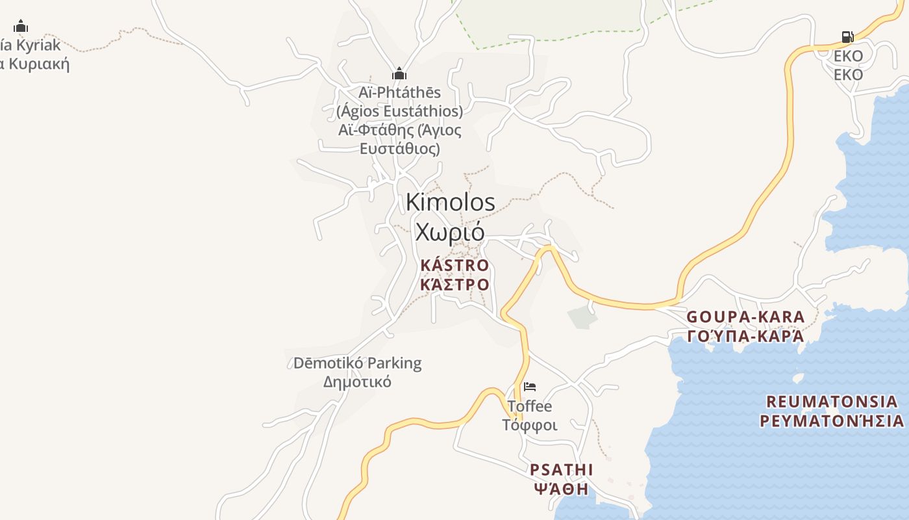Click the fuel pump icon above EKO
tap(847, 37)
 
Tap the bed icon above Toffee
tap(530, 387)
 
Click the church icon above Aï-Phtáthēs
tap(399, 73)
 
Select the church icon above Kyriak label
tap(21, 26)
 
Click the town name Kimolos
tap(450, 202)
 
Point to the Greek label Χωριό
tap(450, 231)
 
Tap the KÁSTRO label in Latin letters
tap(454, 265)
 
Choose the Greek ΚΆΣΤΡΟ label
tap(454, 285)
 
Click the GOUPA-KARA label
tap(745, 317)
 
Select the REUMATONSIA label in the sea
tap(832, 400)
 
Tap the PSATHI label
tap(562, 469)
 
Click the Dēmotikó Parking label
tap(357, 363)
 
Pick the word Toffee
tap(530, 407)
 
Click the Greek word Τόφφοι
tap(530, 425)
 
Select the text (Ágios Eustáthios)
tap(399, 111)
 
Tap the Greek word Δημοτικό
tap(357, 382)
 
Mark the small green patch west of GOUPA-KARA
tap(582, 317)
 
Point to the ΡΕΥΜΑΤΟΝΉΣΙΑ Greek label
tap(832, 421)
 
